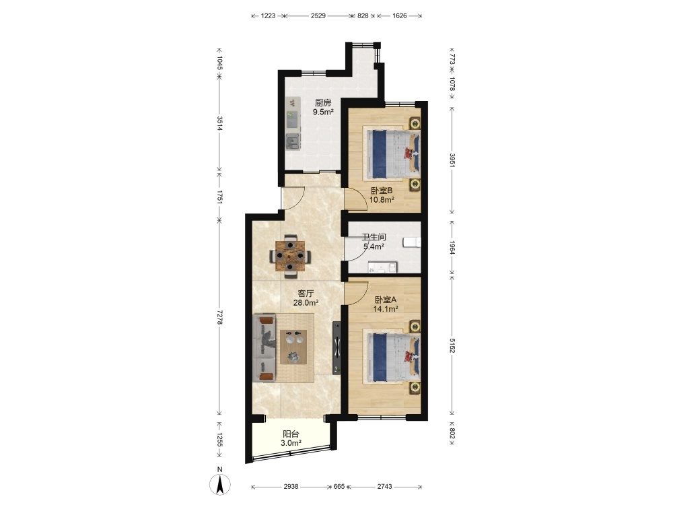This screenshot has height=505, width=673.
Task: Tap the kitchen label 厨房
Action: [x=323, y=102]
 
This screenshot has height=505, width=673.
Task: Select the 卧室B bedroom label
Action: [x=382, y=191]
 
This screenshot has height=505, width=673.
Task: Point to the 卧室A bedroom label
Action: [x=386, y=300]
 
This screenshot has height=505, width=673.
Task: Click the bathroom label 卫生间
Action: [x=374, y=237]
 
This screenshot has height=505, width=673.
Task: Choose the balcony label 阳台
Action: [x=291, y=434]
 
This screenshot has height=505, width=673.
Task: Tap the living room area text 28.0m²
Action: [x=306, y=303]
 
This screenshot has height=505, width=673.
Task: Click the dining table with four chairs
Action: [x=290, y=255]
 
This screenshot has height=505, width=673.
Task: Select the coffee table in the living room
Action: [x=293, y=347]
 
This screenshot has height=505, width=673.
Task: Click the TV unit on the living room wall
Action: [x=337, y=348]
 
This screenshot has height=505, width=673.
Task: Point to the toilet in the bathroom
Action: [x=412, y=242]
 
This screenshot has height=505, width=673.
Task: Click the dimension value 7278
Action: [x=219, y=317]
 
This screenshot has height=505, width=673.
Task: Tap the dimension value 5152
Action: [x=452, y=345]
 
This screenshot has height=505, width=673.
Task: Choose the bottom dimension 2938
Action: [x=291, y=487]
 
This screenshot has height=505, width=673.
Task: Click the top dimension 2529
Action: [x=318, y=16]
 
